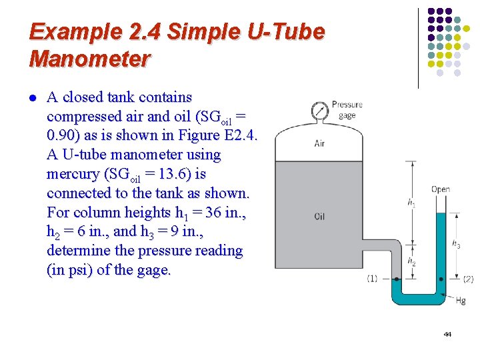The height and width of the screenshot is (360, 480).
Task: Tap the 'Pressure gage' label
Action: point(347,109)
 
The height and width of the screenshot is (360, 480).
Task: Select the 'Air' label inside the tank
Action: point(320,143)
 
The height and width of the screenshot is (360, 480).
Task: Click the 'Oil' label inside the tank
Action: point(320,217)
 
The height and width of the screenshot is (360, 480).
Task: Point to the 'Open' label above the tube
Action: point(440,189)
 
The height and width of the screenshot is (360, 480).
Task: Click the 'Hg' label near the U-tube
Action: point(460,301)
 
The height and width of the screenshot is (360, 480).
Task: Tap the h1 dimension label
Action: point(411,203)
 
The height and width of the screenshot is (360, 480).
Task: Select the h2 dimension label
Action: point(411,262)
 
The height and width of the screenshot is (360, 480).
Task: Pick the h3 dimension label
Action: point(456,245)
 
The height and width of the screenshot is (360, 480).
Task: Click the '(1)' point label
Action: point(372,279)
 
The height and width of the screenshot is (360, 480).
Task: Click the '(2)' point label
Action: point(468,279)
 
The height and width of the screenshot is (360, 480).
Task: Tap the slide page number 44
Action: point(447,334)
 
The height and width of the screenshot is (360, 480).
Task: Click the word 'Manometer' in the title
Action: point(90,59)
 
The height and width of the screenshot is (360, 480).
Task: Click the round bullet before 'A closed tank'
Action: point(33,98)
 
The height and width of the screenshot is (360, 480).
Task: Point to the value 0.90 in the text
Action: point(63,135)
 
